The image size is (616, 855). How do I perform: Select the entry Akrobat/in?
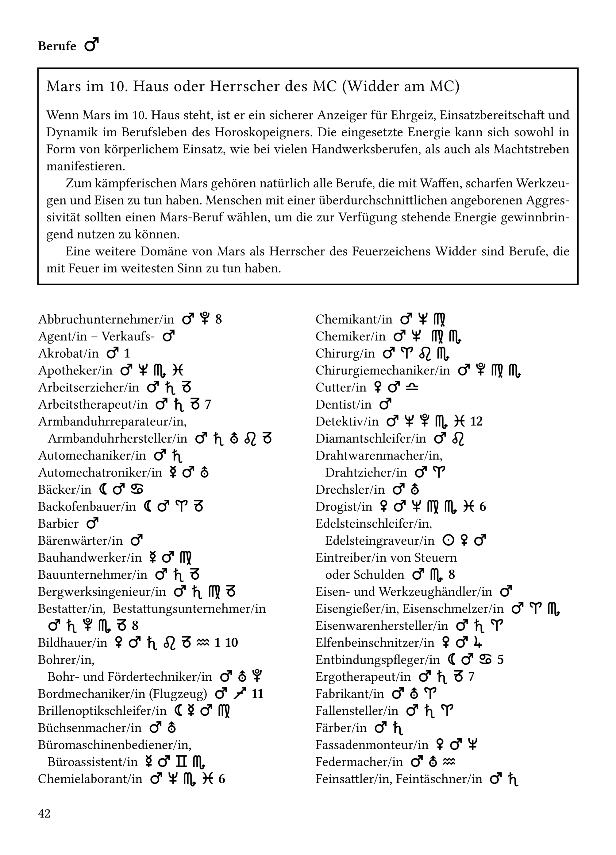[68, 354]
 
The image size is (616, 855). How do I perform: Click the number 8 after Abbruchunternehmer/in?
[218, 320]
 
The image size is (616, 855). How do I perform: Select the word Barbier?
[58, 524]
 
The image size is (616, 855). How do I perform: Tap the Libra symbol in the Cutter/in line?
[413, 387]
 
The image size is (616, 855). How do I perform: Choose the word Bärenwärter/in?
[80, 541]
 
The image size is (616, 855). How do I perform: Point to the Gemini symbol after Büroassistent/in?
[181, 762]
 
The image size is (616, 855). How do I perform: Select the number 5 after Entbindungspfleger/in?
[500, 660]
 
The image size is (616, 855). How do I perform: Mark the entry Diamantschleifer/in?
[371, 439]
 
